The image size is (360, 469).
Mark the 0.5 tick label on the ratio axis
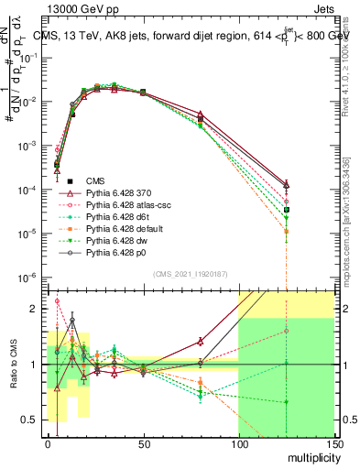31,420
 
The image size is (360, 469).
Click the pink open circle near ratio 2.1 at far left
57,300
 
